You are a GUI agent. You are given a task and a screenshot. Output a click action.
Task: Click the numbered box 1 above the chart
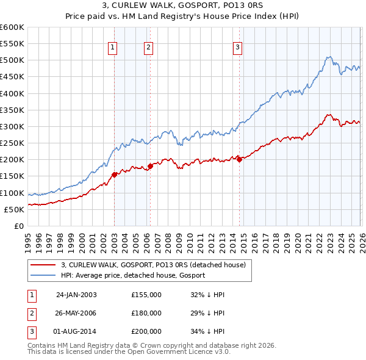[x=113, y=48]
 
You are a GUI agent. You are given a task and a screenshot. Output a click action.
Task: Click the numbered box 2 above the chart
[x=149, y=48]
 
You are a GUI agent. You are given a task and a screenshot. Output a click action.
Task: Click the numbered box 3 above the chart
[x=237, y=48]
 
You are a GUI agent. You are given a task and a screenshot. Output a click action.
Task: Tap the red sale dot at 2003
[x=115, y=175]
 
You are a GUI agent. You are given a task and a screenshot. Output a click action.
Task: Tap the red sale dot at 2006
[x=150, y=166]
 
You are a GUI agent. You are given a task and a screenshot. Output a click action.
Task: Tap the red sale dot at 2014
[x=239, y=159]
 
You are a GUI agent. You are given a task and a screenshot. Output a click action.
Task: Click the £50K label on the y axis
[x=14, y=209]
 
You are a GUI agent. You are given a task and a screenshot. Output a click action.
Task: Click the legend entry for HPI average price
[x=132, y=275]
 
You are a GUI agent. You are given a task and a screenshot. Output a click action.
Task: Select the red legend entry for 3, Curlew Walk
[x=152, y=265]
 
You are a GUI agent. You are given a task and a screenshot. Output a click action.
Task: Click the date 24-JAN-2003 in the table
[x=76, y=295]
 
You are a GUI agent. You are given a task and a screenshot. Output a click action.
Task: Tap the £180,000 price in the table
[x=146, y=313]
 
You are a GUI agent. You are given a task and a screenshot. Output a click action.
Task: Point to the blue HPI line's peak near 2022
[x=328, y=57]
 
